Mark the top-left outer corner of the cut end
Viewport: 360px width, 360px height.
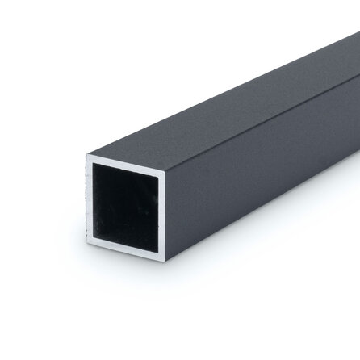[86, 154]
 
